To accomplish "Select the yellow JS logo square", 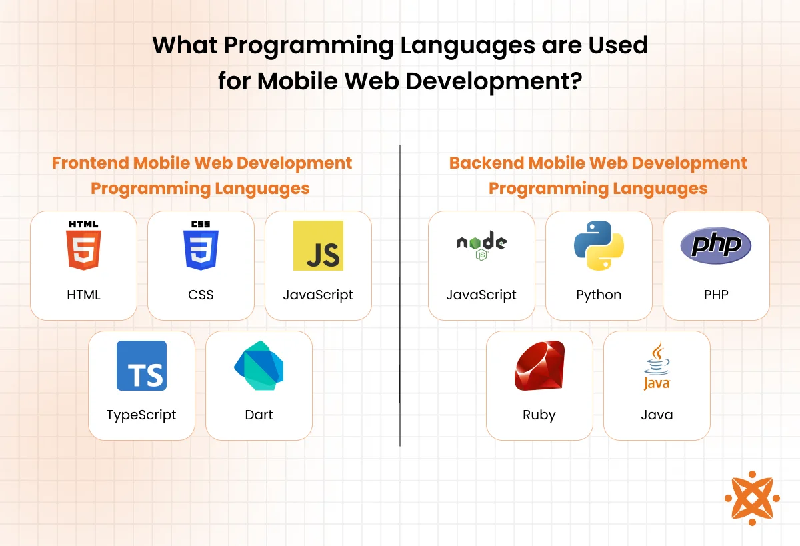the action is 318,246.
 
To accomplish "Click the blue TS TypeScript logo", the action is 141,365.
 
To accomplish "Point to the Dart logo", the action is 259,365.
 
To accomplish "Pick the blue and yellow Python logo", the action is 599,246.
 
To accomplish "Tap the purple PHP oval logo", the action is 716,246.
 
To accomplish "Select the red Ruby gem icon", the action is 539,365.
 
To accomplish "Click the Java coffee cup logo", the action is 657,365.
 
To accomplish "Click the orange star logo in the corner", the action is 752,498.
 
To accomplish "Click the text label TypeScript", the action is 141,415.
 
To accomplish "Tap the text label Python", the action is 599,295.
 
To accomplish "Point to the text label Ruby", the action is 539,415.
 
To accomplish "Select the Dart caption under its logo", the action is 259,415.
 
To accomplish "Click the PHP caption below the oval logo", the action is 716,295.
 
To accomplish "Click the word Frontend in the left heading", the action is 91,163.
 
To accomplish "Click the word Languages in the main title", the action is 467,47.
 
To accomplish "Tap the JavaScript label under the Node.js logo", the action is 481,295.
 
